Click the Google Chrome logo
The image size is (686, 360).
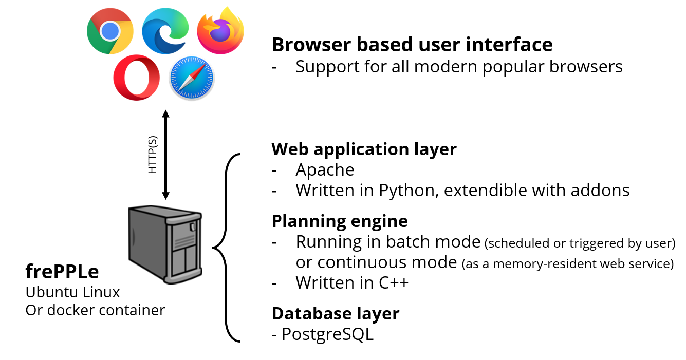click(109, 32)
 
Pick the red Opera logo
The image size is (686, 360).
click(136, 78)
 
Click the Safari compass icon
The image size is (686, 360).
click(192, 79)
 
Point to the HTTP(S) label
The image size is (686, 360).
click(153, 155)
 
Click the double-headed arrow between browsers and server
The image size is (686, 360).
click(165, 154)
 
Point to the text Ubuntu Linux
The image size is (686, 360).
click(72, 292)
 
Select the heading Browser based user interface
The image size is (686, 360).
click(412, 45)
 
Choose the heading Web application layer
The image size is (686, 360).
click(364, 149)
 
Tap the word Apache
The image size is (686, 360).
click(325, 169)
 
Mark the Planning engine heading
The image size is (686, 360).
click(340, 221)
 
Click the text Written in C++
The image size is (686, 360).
click(352, 282)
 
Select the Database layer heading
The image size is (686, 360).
click(335, 313)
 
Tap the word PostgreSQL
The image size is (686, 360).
click(327, 334)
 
